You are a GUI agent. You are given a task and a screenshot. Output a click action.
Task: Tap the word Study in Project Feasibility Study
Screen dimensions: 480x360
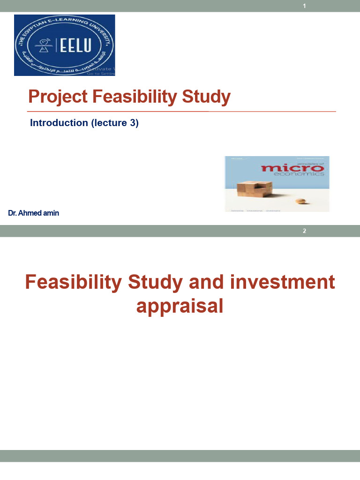coord(207,97)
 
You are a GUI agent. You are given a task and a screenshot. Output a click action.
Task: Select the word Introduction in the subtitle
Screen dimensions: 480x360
coord(59,123)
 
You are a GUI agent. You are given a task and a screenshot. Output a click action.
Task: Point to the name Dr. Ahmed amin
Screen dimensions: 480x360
coord(34,213)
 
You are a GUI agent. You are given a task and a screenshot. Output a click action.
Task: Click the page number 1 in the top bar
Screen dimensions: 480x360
coord(305,6)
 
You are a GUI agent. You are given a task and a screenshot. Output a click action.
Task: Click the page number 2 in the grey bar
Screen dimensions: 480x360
coord(305,231)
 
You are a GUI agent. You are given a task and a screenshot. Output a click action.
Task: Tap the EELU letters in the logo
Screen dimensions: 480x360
coord(79,45)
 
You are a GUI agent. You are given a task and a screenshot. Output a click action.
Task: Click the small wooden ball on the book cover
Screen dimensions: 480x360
coord(300,201)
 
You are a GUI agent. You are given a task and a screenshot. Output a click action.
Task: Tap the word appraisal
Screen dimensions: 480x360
coord(180,306)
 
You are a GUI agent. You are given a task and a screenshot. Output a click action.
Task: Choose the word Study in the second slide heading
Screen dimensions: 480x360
coord(152,283)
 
